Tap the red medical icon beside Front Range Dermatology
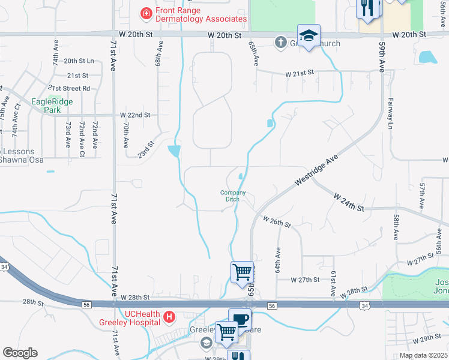click(x=145, y=12)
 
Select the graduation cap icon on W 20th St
click(x=309, y=36)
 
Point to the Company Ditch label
click(x=233, y=196)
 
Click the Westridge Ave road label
click(x=316, y=173)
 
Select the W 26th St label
click(x=277, y=221)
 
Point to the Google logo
click(x=20, y=353)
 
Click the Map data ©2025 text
click(x=424, y=355)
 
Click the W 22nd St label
click(x=135, y=115)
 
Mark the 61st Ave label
click(x=333, y=281)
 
